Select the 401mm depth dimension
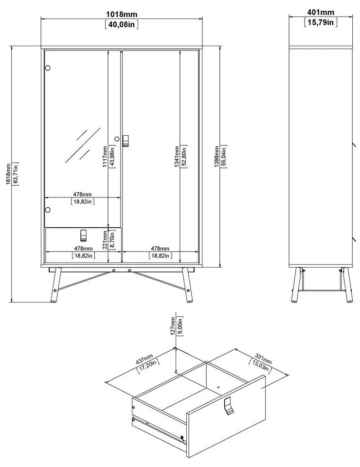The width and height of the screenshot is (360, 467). click(321, 12)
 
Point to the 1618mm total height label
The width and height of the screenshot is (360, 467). click(9, 174)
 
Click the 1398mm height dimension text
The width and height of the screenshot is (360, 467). click(217, 157)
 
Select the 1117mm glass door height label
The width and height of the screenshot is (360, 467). click(105, 157)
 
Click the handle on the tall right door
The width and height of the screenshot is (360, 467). click(126, 140)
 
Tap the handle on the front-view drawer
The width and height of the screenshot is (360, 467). click(83, 235)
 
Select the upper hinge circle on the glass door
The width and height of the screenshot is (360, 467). click(47, 68)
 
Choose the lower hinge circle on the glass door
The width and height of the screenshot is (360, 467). click(47, 210)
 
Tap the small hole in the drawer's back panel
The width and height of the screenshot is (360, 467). click(218, 388)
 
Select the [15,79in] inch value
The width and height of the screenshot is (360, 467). click(321, 22)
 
